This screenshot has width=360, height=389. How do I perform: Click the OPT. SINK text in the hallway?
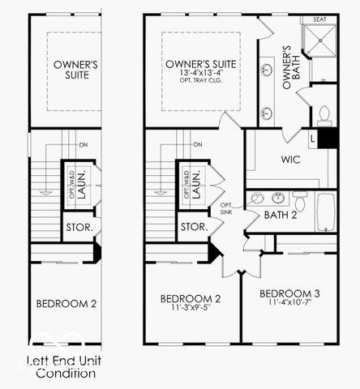click(228, 208)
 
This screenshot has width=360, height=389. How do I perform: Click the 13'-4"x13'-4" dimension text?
click(201, 75)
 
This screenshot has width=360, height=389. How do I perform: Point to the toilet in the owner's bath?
click(324, 114)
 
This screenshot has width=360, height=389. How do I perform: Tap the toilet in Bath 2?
click(300, 199)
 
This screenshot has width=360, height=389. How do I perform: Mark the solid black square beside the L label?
click(327, 138)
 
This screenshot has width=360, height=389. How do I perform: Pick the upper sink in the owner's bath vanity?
click(266, 70)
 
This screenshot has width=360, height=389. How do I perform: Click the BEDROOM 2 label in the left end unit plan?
click(66, 304)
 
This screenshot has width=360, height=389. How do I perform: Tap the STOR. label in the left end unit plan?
click(79, 228)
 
